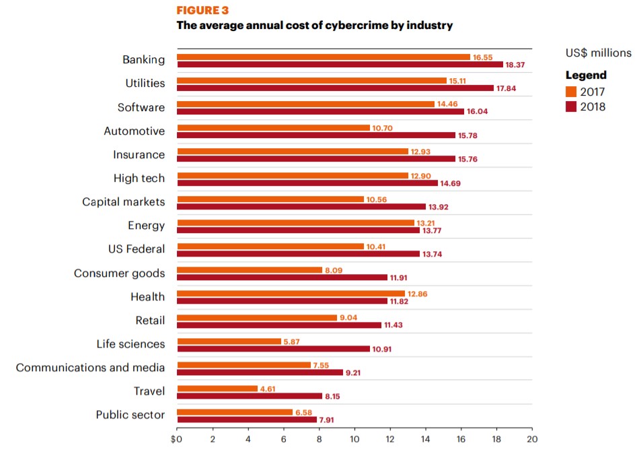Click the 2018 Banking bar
(x=340, y=65)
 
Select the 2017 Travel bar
(x=217, y=389)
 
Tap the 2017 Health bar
(x=291, y=294)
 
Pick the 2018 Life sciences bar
(x=273, y=349)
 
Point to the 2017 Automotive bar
(x=273, y=128)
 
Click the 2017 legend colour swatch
(x=571, y=92)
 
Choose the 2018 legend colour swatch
(x=571, y=106)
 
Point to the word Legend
(x=586, y=75)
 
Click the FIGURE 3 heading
(x=202, y=10)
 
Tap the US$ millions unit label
(x=599, y=53)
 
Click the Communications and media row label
(x=90, y=368)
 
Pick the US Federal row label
(x=136, y=249)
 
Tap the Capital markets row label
(x=123, y=202)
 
